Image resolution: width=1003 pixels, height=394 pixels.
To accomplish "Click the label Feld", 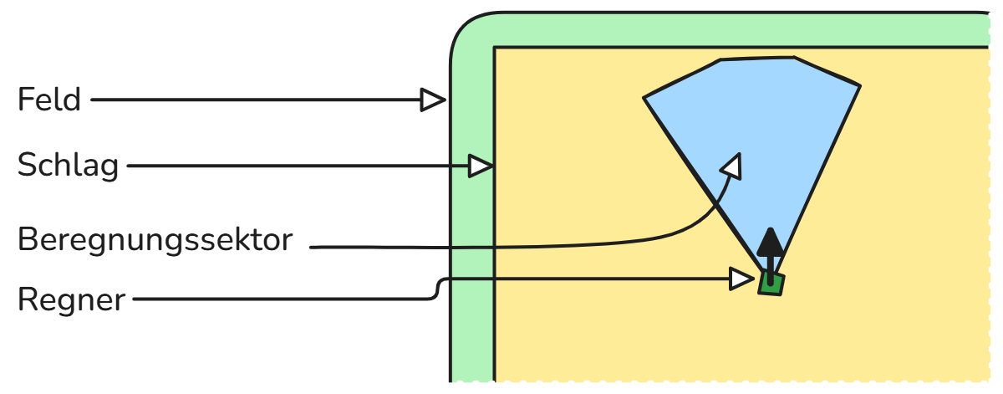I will pyautogui.click(x=49, y=100).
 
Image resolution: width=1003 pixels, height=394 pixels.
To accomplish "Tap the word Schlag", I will pyautogui.click(x=68, y=166).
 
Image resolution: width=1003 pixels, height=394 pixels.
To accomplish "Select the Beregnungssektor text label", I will pyautogui.click(x=155, y=240).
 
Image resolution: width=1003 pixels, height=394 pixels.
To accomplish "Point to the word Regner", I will pyautogui.click(x=71, y=299).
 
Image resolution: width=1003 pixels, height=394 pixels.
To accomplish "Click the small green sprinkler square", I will pyautogui.click(x=771, y=284).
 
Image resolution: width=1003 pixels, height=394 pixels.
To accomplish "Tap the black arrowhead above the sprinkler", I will pyautogui.click(x=771, y=243).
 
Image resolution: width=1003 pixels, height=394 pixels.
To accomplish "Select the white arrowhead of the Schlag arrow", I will pyautogui.click(x=481, y=166).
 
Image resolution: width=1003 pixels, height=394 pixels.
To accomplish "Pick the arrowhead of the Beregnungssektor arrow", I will pyautogui.click(x=732, y=166).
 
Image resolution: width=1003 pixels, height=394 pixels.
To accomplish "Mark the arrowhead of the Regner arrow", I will pyautogui.click(x=741, y=279).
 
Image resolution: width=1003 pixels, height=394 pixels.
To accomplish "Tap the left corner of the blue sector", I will pyautogui.click(x=644, y=99).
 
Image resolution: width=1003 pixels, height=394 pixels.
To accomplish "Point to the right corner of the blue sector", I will pyautogui.click(x=859, y=85).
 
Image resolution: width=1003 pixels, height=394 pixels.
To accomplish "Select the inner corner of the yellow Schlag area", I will pyautogui.click(x=496, y=49).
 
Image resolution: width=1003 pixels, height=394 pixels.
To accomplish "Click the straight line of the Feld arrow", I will pyautogui.click(x=251, y=100).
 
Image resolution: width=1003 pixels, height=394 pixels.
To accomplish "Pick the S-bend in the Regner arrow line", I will pyautogui.click(x=437, y=289).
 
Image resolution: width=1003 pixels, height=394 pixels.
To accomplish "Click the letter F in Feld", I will pyautogui.click(x=25, y=100).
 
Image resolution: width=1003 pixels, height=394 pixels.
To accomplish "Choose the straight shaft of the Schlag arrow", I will pyautogui.click(x=293, y=166).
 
